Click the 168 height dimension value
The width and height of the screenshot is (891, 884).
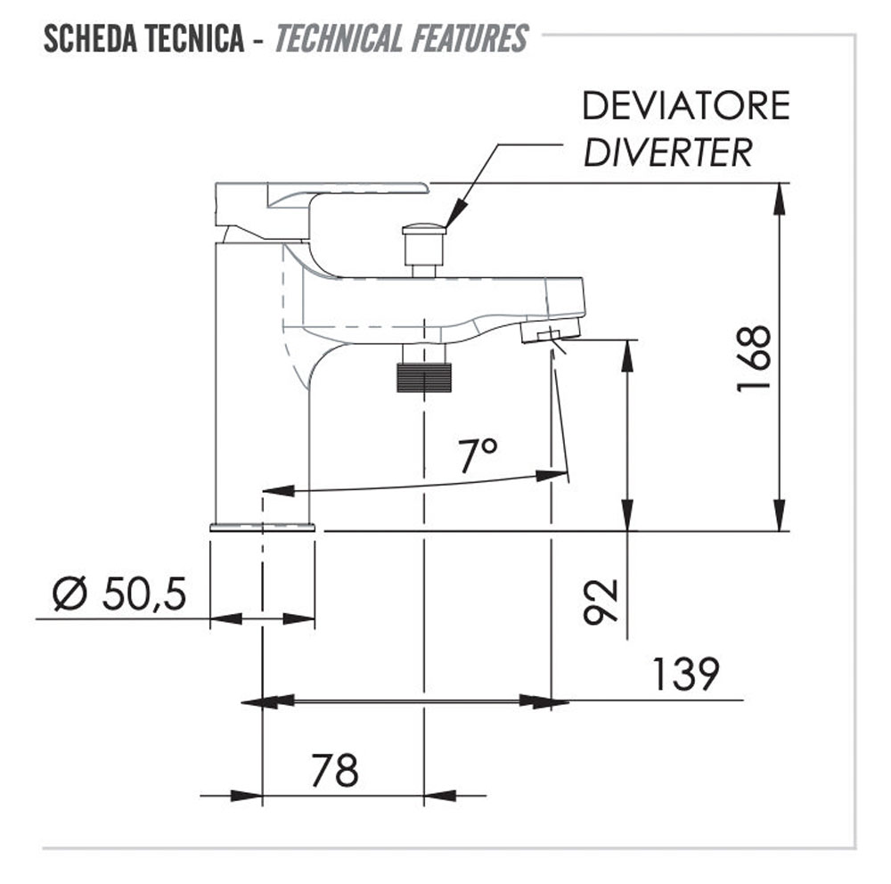coord(754,358)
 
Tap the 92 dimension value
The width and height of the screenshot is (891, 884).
coord(601,602)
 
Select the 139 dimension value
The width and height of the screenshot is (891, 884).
coord(686,675)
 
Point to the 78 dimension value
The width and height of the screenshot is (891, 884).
coord(335,770)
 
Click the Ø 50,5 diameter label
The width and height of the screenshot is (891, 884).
coord(119,594)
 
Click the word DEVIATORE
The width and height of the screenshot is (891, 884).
coord(686,106)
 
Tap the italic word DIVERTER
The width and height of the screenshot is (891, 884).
coord(668,152)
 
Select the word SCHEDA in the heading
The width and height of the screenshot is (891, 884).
coord(90,39)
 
